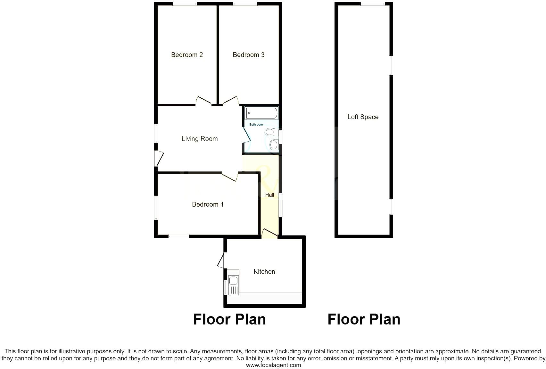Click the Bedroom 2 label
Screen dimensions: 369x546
187,55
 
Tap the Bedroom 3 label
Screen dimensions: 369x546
248,55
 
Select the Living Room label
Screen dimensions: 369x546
200,139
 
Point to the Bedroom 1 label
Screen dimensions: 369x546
207,204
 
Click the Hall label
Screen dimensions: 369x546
269,195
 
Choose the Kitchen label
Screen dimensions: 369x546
264,272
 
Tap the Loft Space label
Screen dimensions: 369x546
363,117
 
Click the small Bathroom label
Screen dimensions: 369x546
256,125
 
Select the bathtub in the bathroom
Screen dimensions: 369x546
261,113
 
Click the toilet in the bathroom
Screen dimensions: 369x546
271,132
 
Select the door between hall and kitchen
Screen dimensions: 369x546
269,234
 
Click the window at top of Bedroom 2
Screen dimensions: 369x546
185,4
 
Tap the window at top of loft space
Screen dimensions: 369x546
373,4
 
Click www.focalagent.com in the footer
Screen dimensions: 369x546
273,365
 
